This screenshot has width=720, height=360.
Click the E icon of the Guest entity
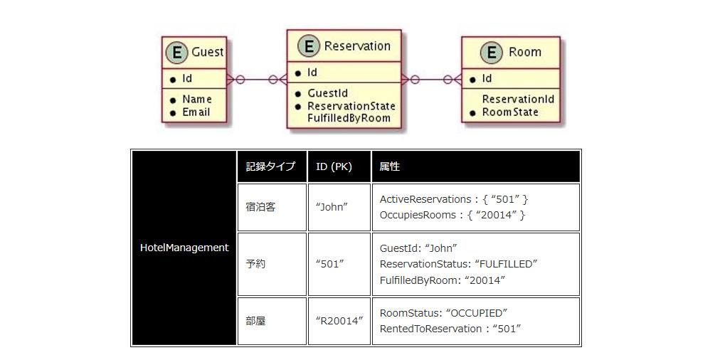click(x=176, y=53)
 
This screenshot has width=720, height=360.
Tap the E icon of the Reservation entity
click(x=309, y=46)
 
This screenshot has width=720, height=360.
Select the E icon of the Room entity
click(x=491, y=53)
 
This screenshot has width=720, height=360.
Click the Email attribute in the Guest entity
click(x=196, y=112)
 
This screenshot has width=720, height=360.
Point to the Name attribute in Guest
click(x=197, y=99)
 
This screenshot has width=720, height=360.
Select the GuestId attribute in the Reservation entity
click(x=327, y=93)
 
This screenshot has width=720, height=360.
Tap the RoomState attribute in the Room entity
click(x=510, y=112)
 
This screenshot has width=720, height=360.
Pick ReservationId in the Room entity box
click(x=518, y=99)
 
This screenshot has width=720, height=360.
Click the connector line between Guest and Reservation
click(x=257, y=80)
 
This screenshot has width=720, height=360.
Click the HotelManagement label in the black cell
click(x=184, y=248)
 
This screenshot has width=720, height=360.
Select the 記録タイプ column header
click(x=270, y=166)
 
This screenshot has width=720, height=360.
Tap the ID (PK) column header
click(x=334, y=166)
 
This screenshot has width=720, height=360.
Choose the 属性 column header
click(x=389, y=166)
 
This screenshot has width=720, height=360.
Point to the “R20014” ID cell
click(x=339, y=321)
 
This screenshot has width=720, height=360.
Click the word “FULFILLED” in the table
click(x=506, y=264)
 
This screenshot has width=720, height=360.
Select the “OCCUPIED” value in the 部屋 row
click(x=477, y=313)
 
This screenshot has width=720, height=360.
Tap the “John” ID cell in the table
click(x=332, y=207)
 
